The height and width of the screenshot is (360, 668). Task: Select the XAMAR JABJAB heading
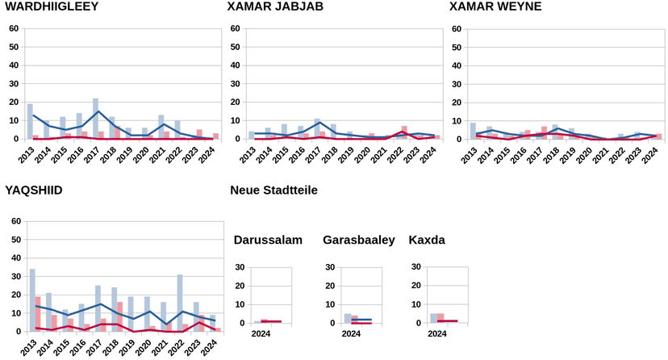click(275, 7)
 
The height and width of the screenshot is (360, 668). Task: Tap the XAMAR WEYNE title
click(495, 7)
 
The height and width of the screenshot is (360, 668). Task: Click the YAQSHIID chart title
click(34, 190)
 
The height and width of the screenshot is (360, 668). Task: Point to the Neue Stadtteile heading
click(273, 190)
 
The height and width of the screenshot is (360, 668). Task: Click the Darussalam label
click(268, 240)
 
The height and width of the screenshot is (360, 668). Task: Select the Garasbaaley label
click(358, 240)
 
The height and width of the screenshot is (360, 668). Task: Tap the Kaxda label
click(427, 240)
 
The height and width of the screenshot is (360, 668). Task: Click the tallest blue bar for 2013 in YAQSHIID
click(32, 300)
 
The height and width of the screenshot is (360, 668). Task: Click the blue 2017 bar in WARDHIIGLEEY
click(95, 119)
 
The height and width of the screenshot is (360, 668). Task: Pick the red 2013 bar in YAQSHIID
click(38, 314)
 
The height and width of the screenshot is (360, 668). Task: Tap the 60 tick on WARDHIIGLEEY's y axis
click(14, 28)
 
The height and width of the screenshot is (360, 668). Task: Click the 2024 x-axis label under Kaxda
click(436, 333)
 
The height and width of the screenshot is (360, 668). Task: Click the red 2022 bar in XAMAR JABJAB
click(404, 133)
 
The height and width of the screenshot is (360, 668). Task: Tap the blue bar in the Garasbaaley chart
click(348, 318)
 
